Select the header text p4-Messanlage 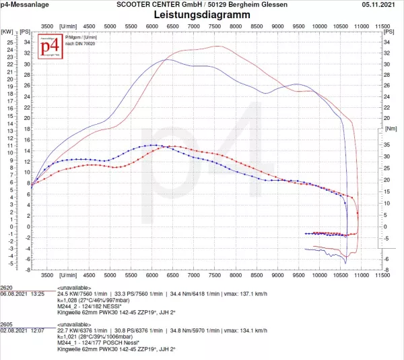coord(24,4)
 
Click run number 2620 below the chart coord(8,287)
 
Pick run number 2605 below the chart coord(8,324)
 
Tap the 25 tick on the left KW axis coord(9,42)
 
